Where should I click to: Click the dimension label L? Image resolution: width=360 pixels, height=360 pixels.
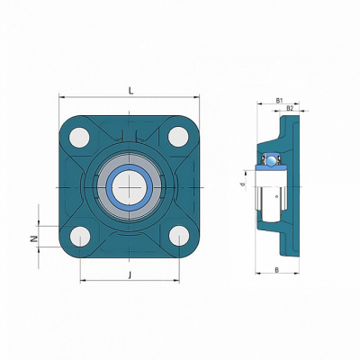(130, 91)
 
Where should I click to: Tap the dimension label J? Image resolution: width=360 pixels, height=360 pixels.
(130, 274)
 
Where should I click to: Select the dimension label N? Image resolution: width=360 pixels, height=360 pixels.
(34, 238)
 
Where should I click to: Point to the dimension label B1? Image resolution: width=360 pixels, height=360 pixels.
(279, 101)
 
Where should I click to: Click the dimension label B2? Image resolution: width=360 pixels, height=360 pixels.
(290, 108)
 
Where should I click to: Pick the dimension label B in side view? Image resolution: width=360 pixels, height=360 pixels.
(277, 270)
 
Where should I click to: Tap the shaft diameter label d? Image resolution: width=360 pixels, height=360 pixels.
(243, 184)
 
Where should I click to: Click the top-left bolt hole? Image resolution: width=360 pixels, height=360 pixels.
(79, 137)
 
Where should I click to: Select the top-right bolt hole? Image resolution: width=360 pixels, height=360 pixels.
(178, 137)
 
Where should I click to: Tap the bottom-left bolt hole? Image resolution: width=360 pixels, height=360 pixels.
(80, 237)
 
